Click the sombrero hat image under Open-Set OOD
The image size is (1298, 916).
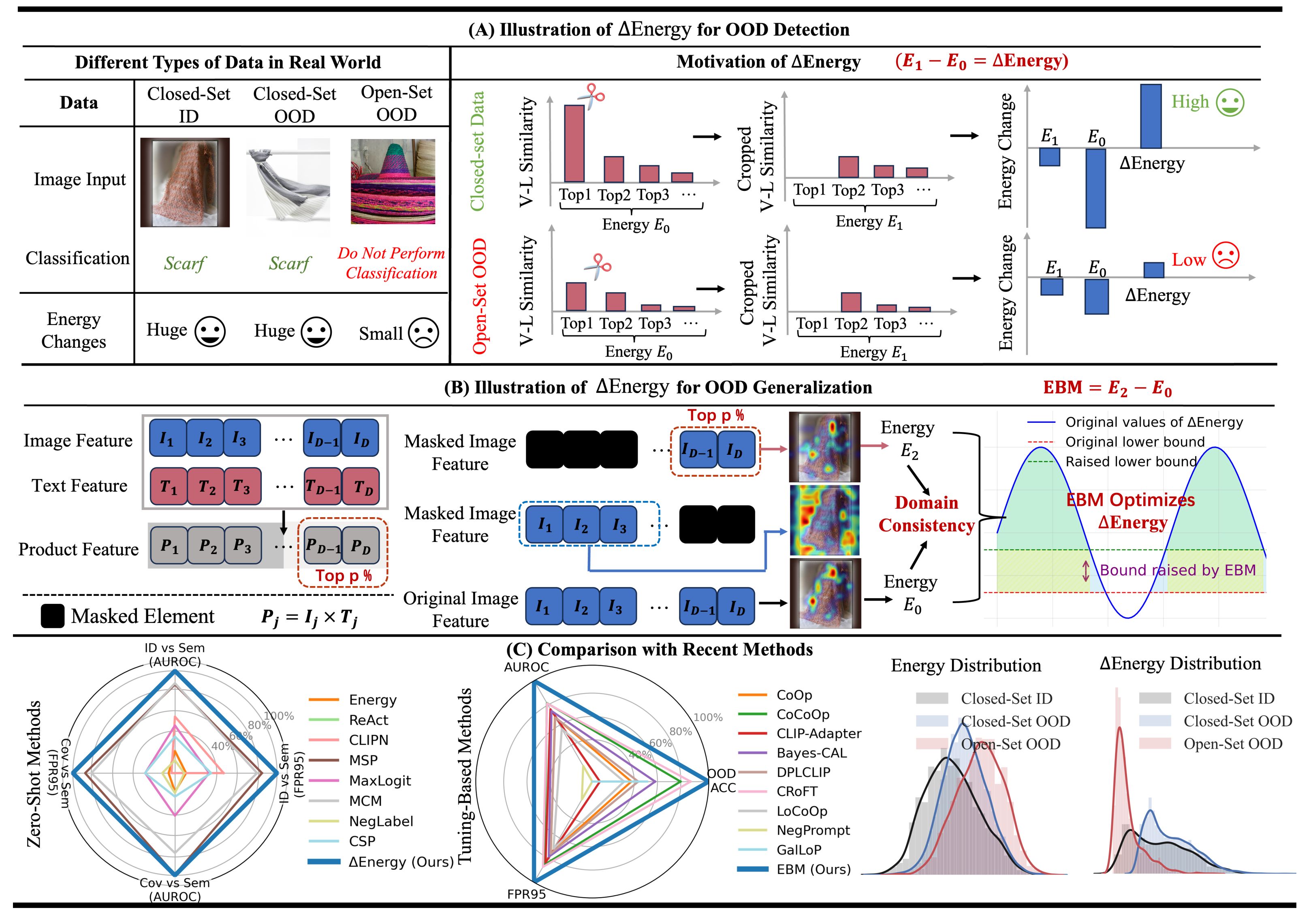click(393, 182)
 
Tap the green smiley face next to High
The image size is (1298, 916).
click(1230, 103)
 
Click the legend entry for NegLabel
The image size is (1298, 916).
click(380, 821)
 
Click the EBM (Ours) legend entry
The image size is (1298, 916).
click(813, 869)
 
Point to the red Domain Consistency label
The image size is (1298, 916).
click(926, 514)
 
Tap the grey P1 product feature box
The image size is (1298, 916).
click(169, 546)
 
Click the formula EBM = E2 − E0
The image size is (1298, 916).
click(1107, 388)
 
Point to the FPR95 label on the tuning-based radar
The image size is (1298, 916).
click(526, 895)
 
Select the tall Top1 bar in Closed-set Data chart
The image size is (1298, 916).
click(574, 143)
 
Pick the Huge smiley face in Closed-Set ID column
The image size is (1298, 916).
click(210, 332)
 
